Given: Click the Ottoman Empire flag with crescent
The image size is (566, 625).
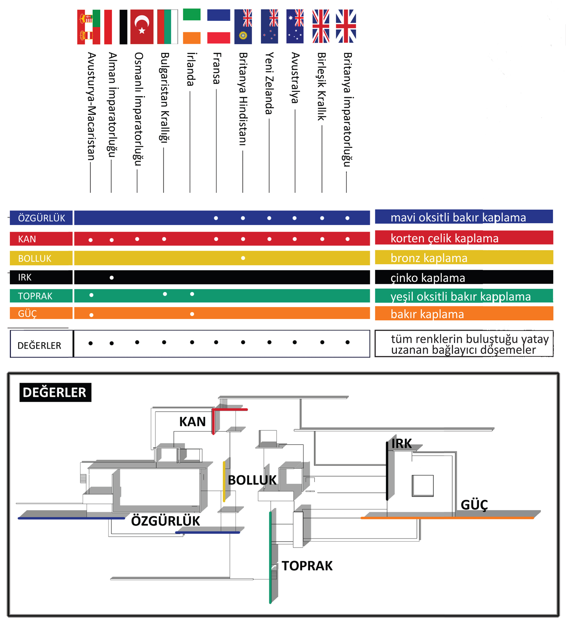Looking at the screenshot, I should (142, 27).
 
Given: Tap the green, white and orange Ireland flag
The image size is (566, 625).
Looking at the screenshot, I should (192, 27).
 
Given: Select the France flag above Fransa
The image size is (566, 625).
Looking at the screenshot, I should (218, 27).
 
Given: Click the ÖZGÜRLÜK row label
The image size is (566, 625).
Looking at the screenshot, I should (41, 218).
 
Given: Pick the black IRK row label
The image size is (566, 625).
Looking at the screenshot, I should (41, 277).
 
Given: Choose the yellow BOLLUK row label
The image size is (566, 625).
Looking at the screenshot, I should (41, 258).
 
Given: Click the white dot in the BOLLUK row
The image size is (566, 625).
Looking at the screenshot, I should (243, 258).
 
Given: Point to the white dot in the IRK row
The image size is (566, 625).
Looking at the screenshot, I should (112, 278).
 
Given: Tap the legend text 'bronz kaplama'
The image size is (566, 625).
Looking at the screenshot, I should (429, 258).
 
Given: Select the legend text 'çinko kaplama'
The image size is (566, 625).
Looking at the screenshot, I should (428, 278).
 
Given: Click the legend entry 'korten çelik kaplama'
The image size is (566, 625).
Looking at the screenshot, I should (444, 238).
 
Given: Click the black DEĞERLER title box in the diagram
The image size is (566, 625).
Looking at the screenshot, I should (55, 392).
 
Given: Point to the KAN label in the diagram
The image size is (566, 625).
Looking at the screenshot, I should (192, 422).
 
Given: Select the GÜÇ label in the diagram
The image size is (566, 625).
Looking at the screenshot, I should (474, 505).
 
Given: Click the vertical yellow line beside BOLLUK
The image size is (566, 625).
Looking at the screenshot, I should (224, 481).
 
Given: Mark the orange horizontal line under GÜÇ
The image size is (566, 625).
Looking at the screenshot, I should (447, 518).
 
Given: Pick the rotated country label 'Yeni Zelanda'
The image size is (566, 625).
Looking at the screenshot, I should (269, 83).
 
